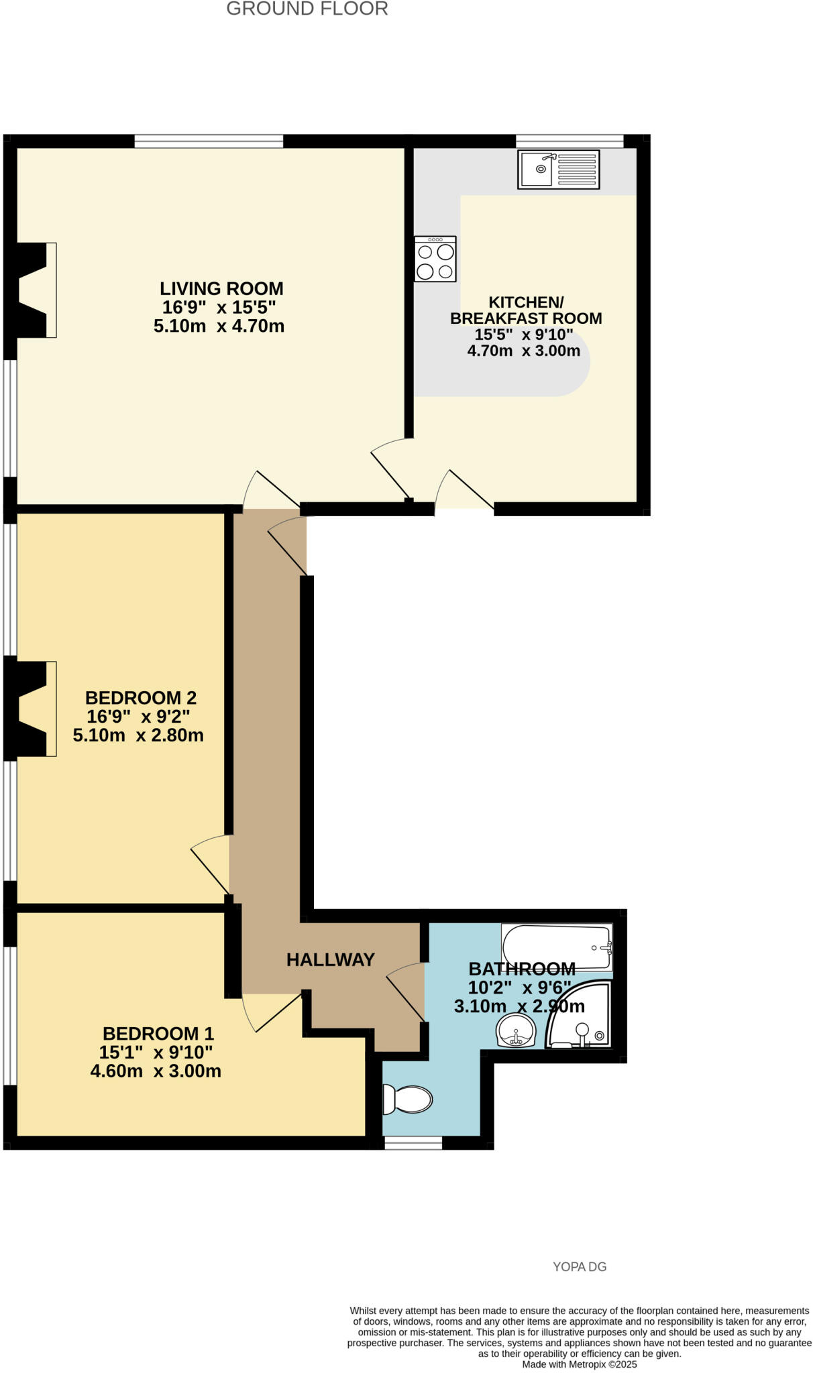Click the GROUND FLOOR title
(307, 9)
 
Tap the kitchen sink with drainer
(558, 169)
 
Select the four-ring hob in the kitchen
(435, 259)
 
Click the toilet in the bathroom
(407, 1099)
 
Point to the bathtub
(557, 947)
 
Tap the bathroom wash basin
(515, 1030)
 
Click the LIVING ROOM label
(221, 289)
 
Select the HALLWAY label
(330, 960)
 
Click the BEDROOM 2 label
(141, 698)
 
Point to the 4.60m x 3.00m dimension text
(156, 1071)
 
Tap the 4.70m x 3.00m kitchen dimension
(523, 351)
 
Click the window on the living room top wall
(208, 141)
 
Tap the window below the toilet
(413, 1143)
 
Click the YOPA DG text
(579, 1266)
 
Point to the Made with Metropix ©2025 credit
(579, 1364)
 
